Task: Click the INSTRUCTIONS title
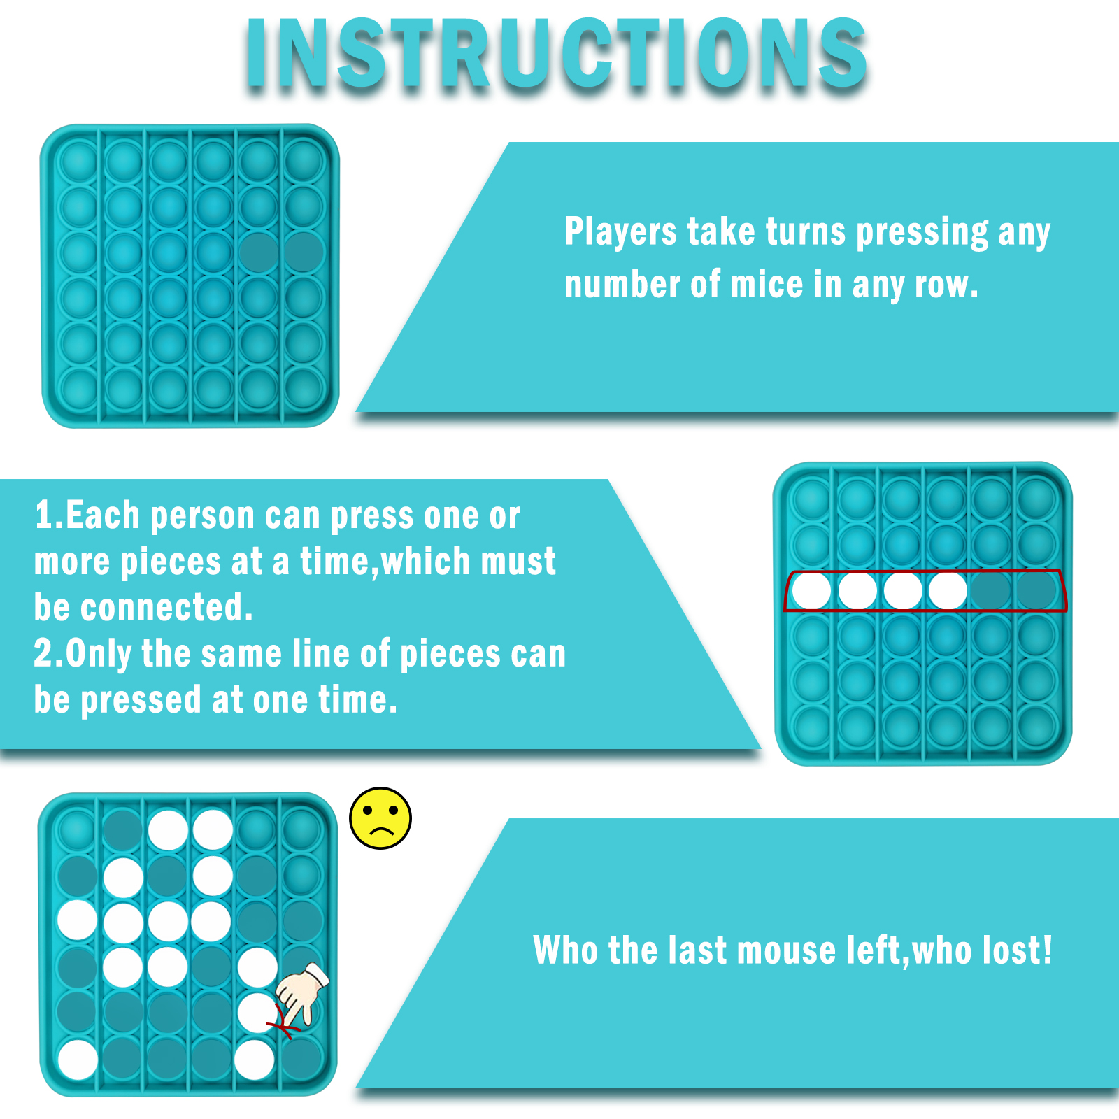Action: click(x=556, y=54)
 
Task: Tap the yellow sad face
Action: click(x=380, y=818)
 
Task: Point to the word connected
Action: click(x=166, y=607)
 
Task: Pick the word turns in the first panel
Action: click(x=806, y=231)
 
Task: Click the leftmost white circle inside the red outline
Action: click(x=811, y=591)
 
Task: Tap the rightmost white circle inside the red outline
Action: click(x=948, y=591)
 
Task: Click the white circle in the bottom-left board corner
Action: click(x=77, y=1060)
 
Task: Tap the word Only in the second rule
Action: click(x=99, y=655)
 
